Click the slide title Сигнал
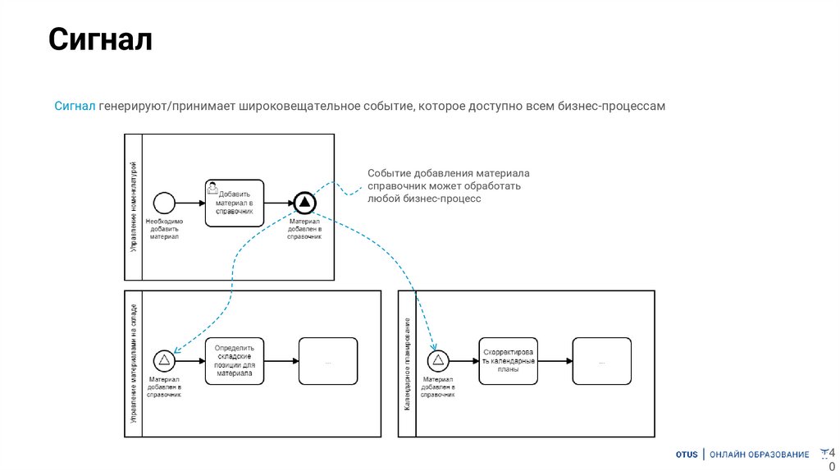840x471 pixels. point(101,39)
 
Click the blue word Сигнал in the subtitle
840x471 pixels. point(76,107)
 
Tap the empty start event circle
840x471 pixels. point(165,202)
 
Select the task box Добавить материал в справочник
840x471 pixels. point(235,202)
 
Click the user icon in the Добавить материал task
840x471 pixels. point(212,187)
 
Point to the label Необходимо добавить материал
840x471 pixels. point(165,229)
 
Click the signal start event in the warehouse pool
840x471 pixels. point(164,359)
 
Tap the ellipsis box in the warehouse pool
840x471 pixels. point(328,360)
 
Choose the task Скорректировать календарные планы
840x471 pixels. point(509,360)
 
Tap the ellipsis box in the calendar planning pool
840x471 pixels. point(603,360)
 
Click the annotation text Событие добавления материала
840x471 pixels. point(448,173)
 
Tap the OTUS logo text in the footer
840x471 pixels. point(687,455)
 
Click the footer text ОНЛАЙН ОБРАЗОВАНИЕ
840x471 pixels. point(759,455)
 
